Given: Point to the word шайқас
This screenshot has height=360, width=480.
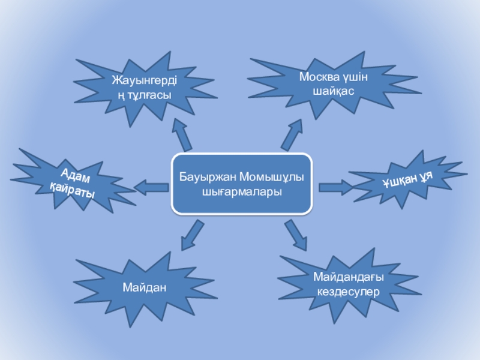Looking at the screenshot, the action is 334,91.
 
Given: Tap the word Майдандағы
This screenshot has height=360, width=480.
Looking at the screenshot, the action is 348,278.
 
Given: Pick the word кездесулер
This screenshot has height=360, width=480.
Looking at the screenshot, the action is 348,291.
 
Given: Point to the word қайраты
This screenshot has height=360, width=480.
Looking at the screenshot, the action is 72,193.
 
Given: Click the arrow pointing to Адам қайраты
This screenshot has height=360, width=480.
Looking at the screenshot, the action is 151,188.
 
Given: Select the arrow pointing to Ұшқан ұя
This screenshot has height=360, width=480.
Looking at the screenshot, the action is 335,188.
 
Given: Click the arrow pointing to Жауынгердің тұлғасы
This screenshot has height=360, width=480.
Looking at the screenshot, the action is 182,134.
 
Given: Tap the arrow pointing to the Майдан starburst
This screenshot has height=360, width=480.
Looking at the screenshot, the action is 191,235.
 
